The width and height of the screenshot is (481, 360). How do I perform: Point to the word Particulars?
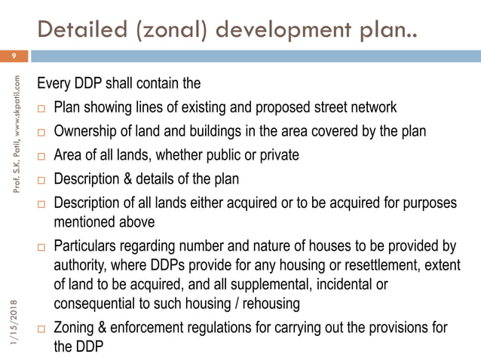coord(90,248)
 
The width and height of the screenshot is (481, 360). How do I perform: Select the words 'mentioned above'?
coord(104,221)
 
